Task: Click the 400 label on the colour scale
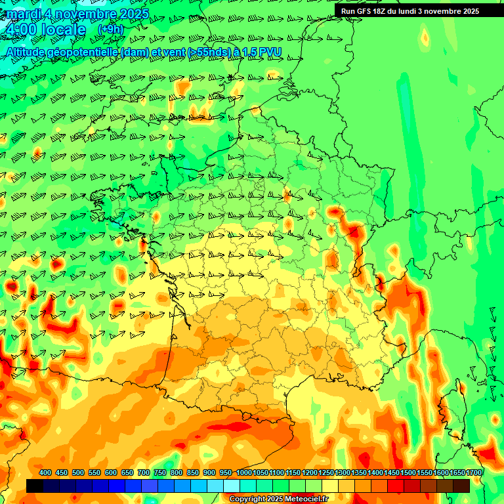45,472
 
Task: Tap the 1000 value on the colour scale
244,472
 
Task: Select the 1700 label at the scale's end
474,472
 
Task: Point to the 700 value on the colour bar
144,472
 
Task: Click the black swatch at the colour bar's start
35,486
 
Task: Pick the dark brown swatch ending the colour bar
461,486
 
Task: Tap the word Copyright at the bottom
247,499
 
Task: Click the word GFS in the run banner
364,11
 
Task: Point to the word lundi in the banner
415,11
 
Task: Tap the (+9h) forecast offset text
110,29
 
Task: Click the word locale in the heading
63,30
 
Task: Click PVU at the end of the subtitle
272,52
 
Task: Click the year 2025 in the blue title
131,13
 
